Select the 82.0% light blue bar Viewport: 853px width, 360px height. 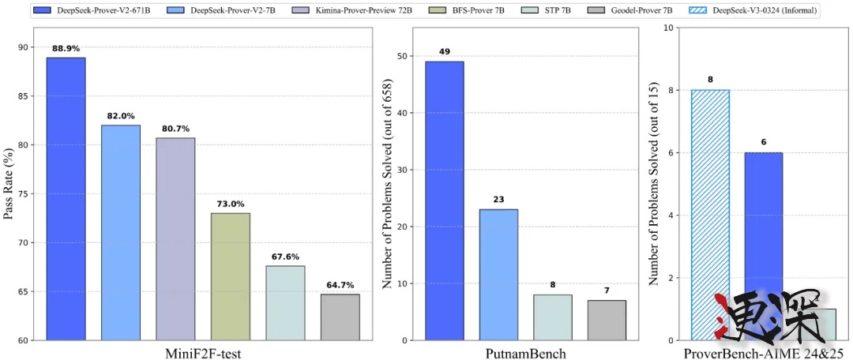(121, 233)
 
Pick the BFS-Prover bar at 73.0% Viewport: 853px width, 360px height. (231, 276)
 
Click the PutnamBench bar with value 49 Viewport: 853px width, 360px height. (445, 201)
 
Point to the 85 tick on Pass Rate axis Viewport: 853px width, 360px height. (31, 96)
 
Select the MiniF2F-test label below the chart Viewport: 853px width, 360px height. (203, 353)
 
